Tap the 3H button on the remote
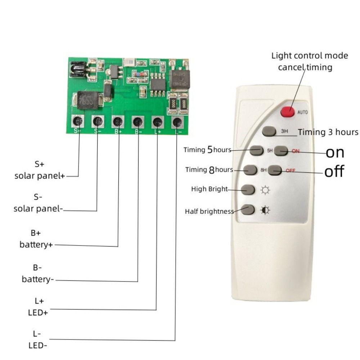(269, 131)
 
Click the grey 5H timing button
(256, 150)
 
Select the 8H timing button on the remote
(250, 170)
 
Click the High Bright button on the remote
(248, 189)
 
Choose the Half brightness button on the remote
(248, 210)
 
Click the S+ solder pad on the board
(78, 121)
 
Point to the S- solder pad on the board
(98, 121)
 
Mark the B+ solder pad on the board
(118, 122)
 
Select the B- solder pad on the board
(138, 122)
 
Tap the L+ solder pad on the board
(157, 122)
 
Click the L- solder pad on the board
(177, 123)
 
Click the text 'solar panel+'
(40, 176)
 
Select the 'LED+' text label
(38, 312)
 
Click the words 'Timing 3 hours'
(328, 132)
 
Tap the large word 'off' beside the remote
(334, 171)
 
